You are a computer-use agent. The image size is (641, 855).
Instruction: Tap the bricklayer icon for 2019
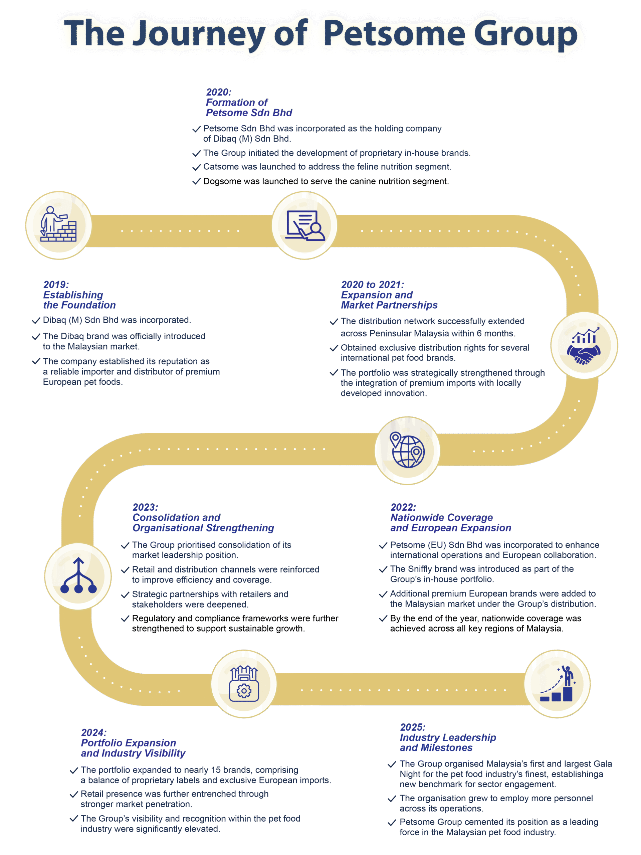tap(59, 225)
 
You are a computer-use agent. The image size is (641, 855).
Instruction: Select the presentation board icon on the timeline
tap(304, 225)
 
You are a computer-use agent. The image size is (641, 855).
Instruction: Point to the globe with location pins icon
tap(407, 450)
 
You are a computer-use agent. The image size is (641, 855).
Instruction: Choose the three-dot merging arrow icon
tap(78, 576)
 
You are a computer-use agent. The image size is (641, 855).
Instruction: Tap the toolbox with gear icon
tap(244, 684)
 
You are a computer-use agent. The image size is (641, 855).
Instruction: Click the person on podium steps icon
tap(557, 684)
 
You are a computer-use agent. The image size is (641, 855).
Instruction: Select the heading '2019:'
tap(56, 285)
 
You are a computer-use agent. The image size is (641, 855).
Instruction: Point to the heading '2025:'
tap(412, 727)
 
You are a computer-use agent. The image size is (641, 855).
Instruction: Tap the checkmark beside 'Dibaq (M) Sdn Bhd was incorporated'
tap(36, 320)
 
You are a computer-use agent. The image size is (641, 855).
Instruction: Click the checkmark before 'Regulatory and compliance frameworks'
tap(125, 619)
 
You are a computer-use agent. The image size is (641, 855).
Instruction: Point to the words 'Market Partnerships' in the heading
tap(389, 305)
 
